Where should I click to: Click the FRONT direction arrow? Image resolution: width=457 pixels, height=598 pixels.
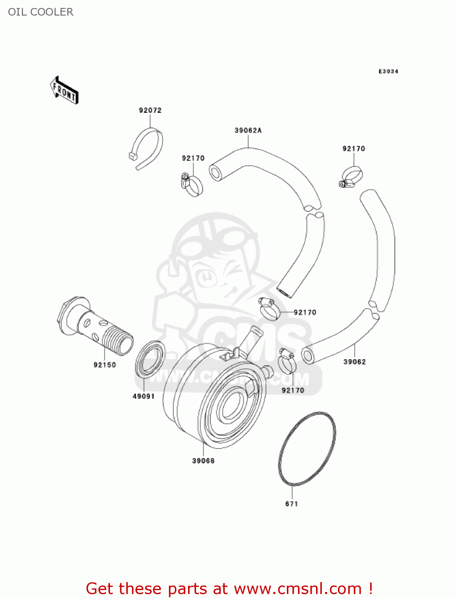click(64, 90)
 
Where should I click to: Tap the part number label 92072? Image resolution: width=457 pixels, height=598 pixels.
click(150, 110)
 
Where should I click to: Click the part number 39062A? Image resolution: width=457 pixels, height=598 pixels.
click(248, 130)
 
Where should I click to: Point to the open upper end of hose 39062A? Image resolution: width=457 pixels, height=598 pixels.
click(216, 173)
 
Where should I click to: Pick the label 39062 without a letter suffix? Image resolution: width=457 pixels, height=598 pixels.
click(354, 362)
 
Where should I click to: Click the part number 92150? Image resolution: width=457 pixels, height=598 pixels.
click(105, 365)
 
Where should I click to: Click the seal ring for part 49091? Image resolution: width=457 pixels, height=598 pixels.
click(150, 359)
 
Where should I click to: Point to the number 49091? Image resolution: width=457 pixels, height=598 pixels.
click(143, 396)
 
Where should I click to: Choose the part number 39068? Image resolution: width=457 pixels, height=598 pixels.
click(203, 460)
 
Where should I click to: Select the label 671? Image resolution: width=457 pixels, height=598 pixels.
click(292, 504)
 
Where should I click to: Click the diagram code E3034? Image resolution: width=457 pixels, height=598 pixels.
click(388, 71)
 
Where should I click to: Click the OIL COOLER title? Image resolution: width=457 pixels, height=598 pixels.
click(41, 12)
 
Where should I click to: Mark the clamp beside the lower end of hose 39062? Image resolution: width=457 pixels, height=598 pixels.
click(287, 361)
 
